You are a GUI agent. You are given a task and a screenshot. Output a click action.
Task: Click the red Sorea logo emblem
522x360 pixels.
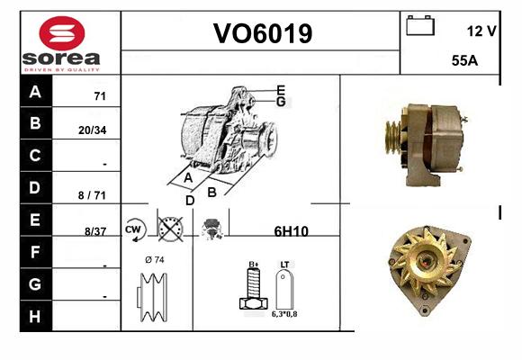(x=62, y=33)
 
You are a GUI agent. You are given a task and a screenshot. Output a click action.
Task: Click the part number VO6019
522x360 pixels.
(x=263, y=33)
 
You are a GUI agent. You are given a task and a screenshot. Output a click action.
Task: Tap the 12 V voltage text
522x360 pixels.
(x=481, y=31)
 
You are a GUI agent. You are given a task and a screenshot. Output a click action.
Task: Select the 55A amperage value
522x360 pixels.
(x=464, y=60)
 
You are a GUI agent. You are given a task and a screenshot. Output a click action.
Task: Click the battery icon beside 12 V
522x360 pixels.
(x=420, y=25)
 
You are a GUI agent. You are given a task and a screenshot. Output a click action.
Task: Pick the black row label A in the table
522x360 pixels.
(x=36, y=91)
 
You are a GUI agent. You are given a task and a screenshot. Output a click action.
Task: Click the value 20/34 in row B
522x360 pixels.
(x=92, y=130)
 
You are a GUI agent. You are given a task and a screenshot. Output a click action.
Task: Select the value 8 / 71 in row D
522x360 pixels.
(x=92, y=195)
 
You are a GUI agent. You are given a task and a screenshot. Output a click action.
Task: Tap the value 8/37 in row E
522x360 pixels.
(x=95, y=231)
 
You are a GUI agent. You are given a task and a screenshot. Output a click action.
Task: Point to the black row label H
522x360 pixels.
(x=35, y=317)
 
